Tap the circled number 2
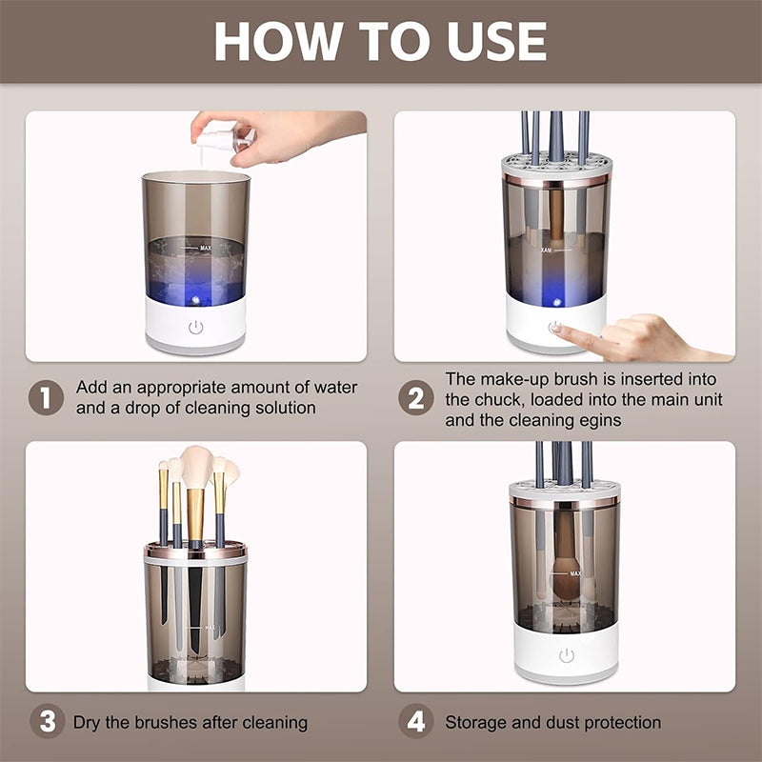pyautogui.click(x=415, y=398)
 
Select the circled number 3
pyautogui.click(x=46, y=722)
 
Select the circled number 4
pyautogui.click(x=415, y=722)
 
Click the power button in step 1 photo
pyautogui.click(x=196, y=328)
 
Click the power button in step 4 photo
pyautogui.click(x=567, y=655)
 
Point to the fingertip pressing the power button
pyautogui.click(x=558, y=330)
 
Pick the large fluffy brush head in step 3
pyautogui.click(x=198, y=467)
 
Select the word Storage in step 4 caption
pyautogui.click(x=477, y=722)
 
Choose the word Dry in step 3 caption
pyautogui.click(x=89, y=722)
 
